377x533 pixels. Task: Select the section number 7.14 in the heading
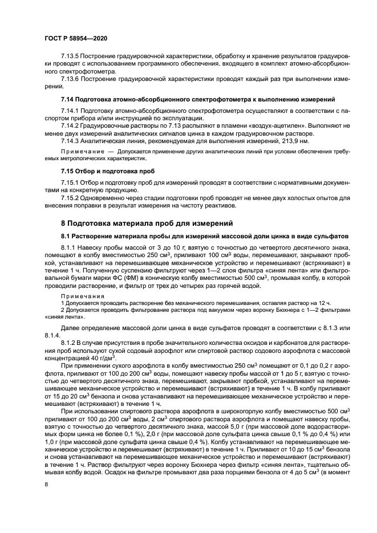pyautogui.click(x=68, y=99)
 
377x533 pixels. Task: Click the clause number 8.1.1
pyautogui.click(x=69, y=248)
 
